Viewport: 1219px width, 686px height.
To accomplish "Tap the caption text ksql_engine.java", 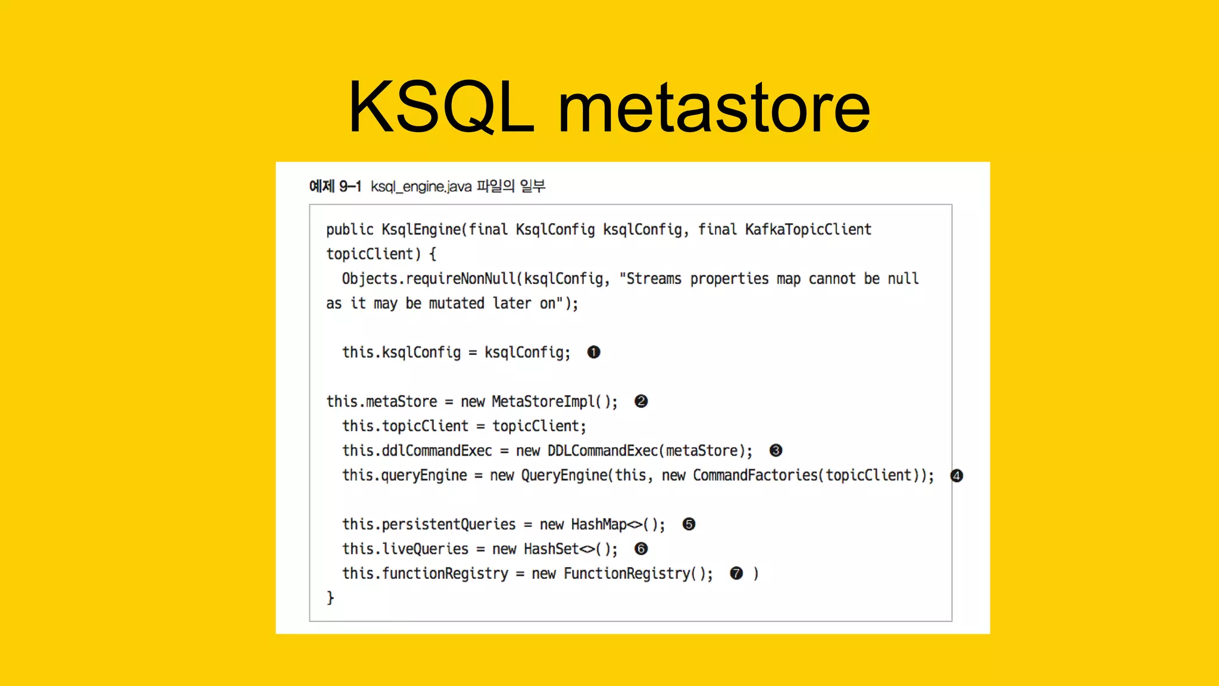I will (x=421, y=187).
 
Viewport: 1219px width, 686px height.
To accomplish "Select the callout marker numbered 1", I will (x=593, y=353).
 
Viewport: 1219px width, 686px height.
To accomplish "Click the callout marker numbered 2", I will (x=641, y=401).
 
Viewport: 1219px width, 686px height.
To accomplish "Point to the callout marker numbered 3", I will (x=776, y=451).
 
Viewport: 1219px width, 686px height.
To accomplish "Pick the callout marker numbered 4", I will (x=957, y=476).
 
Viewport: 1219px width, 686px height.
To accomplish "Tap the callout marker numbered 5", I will (x=689, y=525).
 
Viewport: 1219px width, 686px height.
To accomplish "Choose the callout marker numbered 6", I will (x=641, y=549).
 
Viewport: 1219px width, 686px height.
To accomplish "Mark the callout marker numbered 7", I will (x=736, y=573).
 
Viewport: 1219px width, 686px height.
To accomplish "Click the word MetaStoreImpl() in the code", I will (x=554, y=402).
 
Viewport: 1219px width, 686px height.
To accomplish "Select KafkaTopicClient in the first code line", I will (x=808, y=230).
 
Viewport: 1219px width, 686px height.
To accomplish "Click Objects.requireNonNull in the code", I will (x=429, y=279).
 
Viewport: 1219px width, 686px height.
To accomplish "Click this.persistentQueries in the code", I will (x=429, y=525).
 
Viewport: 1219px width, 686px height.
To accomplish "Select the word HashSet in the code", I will (x=551, y=549).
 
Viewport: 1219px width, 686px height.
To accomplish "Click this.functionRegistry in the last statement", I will (x=425, y=573).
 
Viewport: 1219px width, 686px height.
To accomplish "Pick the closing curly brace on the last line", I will (x=330, y=597).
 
